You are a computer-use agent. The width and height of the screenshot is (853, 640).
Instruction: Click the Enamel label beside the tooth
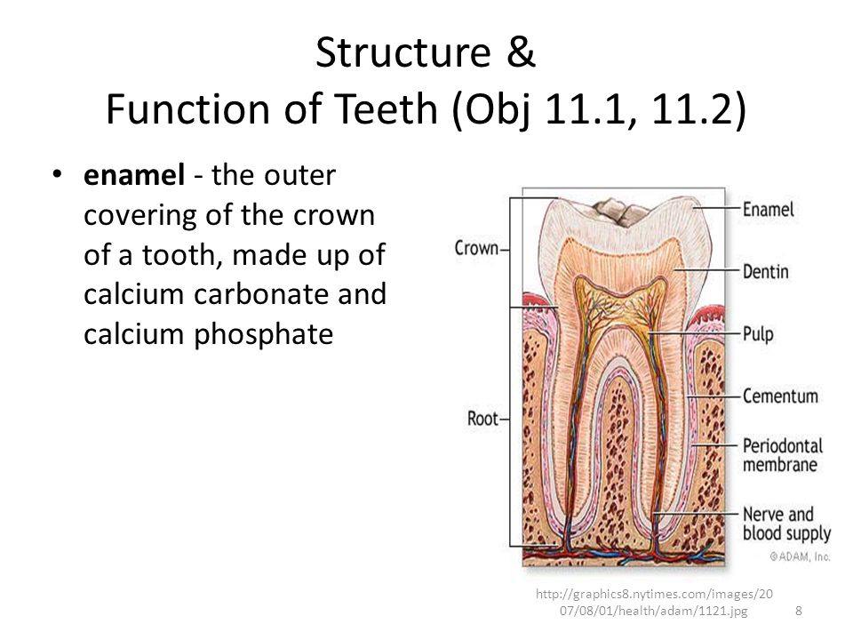[x=768, y=210]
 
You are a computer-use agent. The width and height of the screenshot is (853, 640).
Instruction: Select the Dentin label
[x=765, y=272]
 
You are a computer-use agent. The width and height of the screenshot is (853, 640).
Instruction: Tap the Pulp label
[x=758, y=334]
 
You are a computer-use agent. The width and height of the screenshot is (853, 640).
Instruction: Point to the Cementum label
[x=780, y=396]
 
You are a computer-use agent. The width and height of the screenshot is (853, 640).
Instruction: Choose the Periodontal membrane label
[x=783, y=455]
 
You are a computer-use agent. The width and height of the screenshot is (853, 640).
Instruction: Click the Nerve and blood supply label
[x=786, y=524]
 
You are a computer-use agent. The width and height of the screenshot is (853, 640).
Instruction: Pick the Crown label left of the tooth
[x=476, y=248]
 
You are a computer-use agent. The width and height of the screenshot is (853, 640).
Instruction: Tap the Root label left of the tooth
[x=482, y=419]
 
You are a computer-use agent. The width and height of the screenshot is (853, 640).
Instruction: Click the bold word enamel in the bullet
[x=134, y=175]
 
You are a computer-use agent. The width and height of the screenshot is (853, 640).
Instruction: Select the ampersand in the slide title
[x=521, y=52]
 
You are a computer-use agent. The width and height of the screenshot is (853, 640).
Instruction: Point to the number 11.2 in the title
[x=691, y=108]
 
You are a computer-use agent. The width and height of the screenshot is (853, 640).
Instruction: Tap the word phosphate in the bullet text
[x=263, y=333]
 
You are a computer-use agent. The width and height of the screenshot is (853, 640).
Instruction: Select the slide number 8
[x=799, y=611]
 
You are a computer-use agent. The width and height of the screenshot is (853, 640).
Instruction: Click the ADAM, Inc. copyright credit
[x=800, y=556]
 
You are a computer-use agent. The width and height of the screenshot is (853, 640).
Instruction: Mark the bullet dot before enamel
[x=57, y=175]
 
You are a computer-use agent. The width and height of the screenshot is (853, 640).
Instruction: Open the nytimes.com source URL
[x=654, y=602]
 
